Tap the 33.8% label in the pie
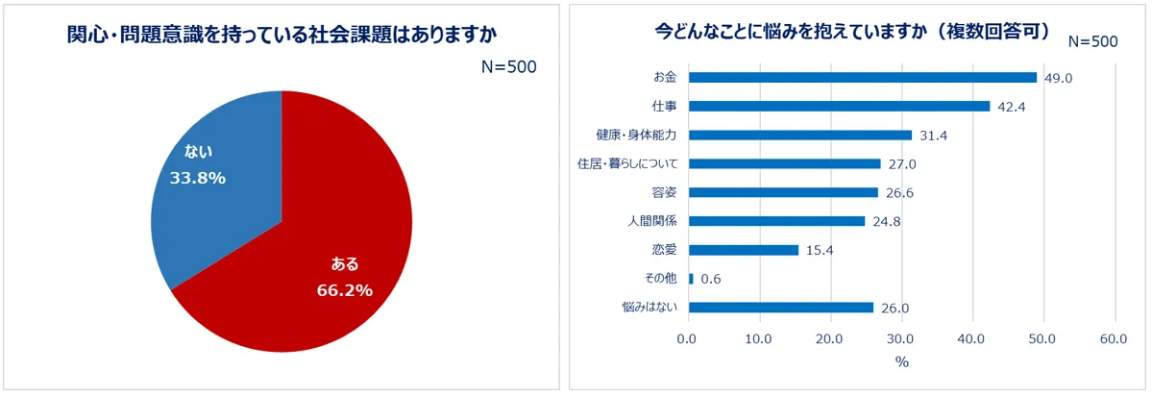197,177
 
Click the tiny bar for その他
691,279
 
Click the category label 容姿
663,192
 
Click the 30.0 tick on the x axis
901,339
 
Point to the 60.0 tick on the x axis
1114,339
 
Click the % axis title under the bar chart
901,362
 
